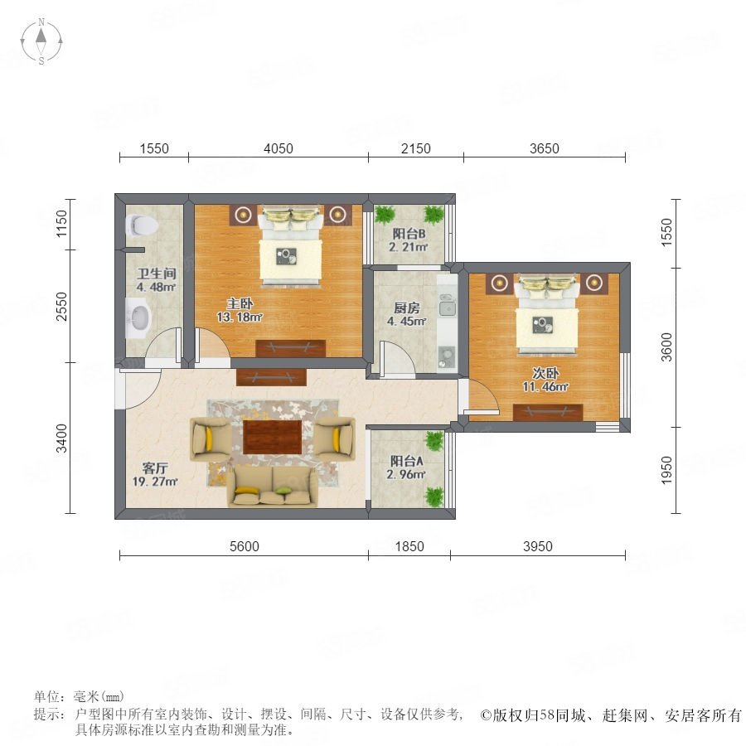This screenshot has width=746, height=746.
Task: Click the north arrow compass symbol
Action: point(41,41)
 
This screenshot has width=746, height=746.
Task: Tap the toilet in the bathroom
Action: point(142,225)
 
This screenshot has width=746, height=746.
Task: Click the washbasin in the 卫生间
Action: point(138,317)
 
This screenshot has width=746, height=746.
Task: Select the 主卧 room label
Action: point(240,303)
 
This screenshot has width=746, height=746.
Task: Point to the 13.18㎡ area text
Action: point(240,317)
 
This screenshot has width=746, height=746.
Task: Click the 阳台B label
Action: point(409,234)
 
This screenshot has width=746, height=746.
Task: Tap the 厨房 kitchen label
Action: point(407,308)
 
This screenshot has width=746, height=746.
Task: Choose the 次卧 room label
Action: point(545,373)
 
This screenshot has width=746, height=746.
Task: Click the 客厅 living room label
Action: point(155,468)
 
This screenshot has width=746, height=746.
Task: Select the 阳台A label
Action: point(406,461)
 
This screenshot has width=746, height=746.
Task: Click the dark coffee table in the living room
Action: point(273,437)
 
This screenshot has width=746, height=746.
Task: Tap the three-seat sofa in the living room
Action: point(273,486)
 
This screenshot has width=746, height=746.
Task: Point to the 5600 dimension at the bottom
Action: point(245,546)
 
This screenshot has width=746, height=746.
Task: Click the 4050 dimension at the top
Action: point(279,148)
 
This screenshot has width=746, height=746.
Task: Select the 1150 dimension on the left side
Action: point(62,224)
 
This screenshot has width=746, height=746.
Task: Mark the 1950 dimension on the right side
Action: point(666,470)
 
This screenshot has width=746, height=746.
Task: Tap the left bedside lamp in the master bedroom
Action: point(245,215)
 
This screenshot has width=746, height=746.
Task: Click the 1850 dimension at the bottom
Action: point(409,546)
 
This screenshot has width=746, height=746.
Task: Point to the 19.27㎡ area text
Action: point(155,482)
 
